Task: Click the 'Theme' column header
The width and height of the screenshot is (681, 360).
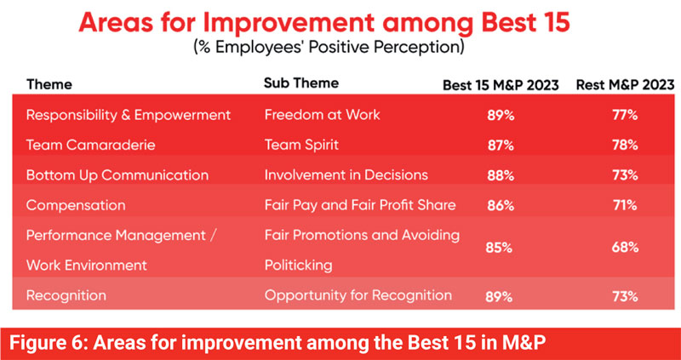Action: click(49, 84)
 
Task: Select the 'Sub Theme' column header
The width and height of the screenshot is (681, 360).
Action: click(301, 83)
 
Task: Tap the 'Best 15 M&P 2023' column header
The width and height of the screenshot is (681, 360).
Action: click(501, 85)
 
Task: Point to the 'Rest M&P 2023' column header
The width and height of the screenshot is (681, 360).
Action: click(625, 85)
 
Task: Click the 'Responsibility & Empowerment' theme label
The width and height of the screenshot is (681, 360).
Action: click(129, 115)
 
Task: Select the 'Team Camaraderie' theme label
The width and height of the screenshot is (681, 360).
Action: click(91, 145)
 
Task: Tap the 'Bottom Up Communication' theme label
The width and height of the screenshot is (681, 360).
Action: click(117, 175)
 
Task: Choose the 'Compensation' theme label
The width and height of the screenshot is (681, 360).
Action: click(76, 205)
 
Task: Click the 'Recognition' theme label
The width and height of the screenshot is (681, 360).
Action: click(66, 295)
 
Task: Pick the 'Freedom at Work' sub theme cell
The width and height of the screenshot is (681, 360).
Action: click(323, 115)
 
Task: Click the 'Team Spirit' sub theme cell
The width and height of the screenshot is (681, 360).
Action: click(301, 145)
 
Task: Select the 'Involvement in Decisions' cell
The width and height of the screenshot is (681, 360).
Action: click(346, 175)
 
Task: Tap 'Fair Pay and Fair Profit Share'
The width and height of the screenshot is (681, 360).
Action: click(360, 205)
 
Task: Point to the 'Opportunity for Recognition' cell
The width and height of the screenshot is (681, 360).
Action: click(358, 295)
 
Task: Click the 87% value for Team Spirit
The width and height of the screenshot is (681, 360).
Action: click(500, 146)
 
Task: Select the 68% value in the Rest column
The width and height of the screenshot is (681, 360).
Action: click(625, 248)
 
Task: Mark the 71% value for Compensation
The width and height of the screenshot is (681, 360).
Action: click(625, 205)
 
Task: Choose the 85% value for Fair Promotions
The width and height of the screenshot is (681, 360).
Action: click(500, 249)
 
